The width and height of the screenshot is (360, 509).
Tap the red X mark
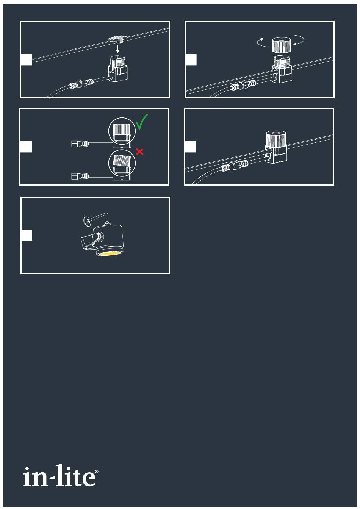point(139,151)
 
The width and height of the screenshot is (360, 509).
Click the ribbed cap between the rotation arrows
point(282,45)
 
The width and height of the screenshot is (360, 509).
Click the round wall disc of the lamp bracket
point(86,220)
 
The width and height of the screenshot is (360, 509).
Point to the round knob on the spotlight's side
point(98,237)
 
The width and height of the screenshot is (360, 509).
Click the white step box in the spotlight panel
point(27,235)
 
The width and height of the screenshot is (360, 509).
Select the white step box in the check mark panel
point(26,147)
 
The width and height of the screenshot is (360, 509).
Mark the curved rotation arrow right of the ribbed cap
point(300,41)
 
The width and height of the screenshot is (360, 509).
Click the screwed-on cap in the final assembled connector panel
point(275,140)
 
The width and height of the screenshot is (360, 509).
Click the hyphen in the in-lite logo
point(52,477)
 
